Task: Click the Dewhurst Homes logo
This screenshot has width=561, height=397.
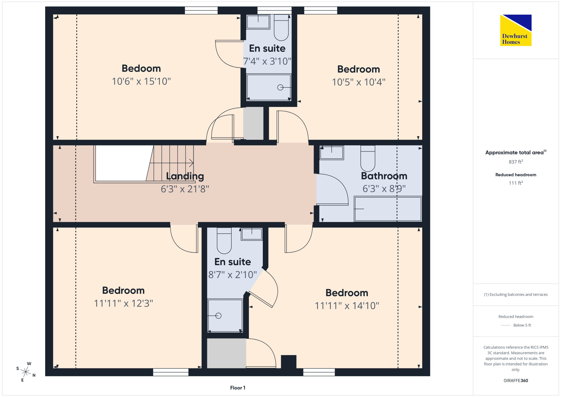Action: tap(516, 30)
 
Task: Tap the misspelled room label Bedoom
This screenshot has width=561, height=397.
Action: tap(141, 69)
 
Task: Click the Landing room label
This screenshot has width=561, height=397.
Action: tap(185, 176)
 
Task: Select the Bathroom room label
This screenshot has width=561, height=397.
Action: tap(384, 176)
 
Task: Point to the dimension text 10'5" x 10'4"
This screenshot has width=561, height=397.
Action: tap(358, 82)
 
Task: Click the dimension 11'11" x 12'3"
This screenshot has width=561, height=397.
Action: tap(123, 304)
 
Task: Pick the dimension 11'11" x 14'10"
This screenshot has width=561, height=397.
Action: tap(347, 306)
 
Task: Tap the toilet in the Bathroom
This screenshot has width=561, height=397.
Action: tap(368, 158)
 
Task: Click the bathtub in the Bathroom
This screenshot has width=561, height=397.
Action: tap(388, 209)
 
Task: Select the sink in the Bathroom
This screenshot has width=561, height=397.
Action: tap(332, 153)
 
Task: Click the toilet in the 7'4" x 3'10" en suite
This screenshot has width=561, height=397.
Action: tap(281, 28)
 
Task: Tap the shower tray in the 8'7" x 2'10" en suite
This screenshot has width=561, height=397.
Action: tap(225, 316)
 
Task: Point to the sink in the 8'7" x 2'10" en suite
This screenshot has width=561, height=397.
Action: tap(252, 234)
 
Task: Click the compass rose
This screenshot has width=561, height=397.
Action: tap(26, 372)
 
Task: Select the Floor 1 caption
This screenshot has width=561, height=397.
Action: tap(238, 388)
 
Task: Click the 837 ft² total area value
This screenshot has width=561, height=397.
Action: tap(516, 162)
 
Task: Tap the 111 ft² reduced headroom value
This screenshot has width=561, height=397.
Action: tap(516, 183)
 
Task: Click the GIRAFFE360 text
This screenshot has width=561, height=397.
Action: tap(516, 381)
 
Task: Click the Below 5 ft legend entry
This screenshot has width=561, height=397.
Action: tap(516, 325)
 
